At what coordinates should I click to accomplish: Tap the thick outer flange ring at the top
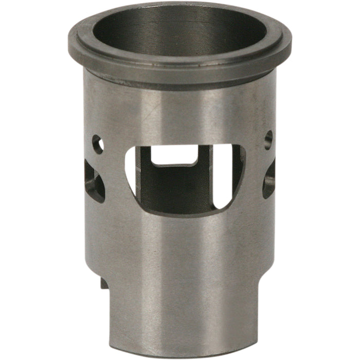(180, 69)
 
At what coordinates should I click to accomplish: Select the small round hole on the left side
(97, 143)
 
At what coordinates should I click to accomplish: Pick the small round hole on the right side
(268, 139)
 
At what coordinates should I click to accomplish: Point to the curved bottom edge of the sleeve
(180, 355)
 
